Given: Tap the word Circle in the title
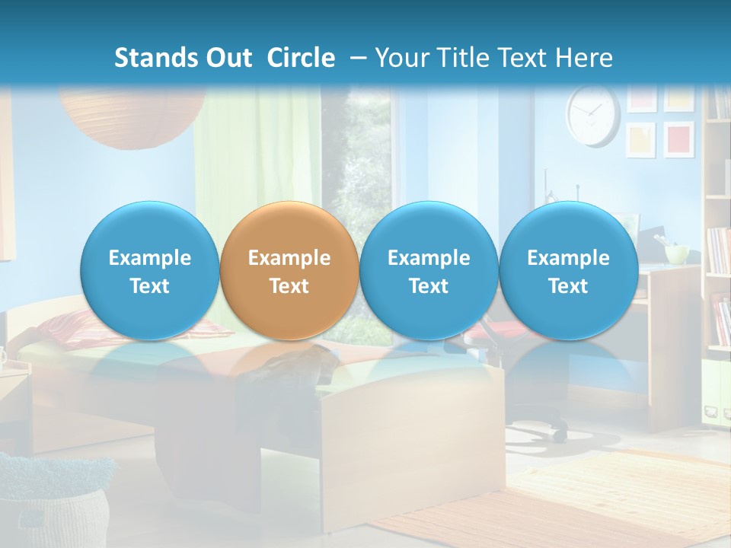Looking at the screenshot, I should click(x=301, y=58).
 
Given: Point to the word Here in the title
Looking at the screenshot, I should click(x=583, y=58).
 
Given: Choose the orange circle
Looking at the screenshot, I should click(x=289, y=271).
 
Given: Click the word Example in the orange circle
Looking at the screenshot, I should click(x=289, y=258).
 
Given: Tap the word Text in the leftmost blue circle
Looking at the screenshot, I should click(x=150, y=286).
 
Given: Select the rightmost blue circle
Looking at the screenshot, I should click(x=568, y=271).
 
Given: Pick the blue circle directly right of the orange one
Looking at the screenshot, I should click(x=429, y=271).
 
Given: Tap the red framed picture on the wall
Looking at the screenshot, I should click(x=678, y=139).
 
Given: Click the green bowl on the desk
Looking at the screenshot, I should click(x=676, y=253).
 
